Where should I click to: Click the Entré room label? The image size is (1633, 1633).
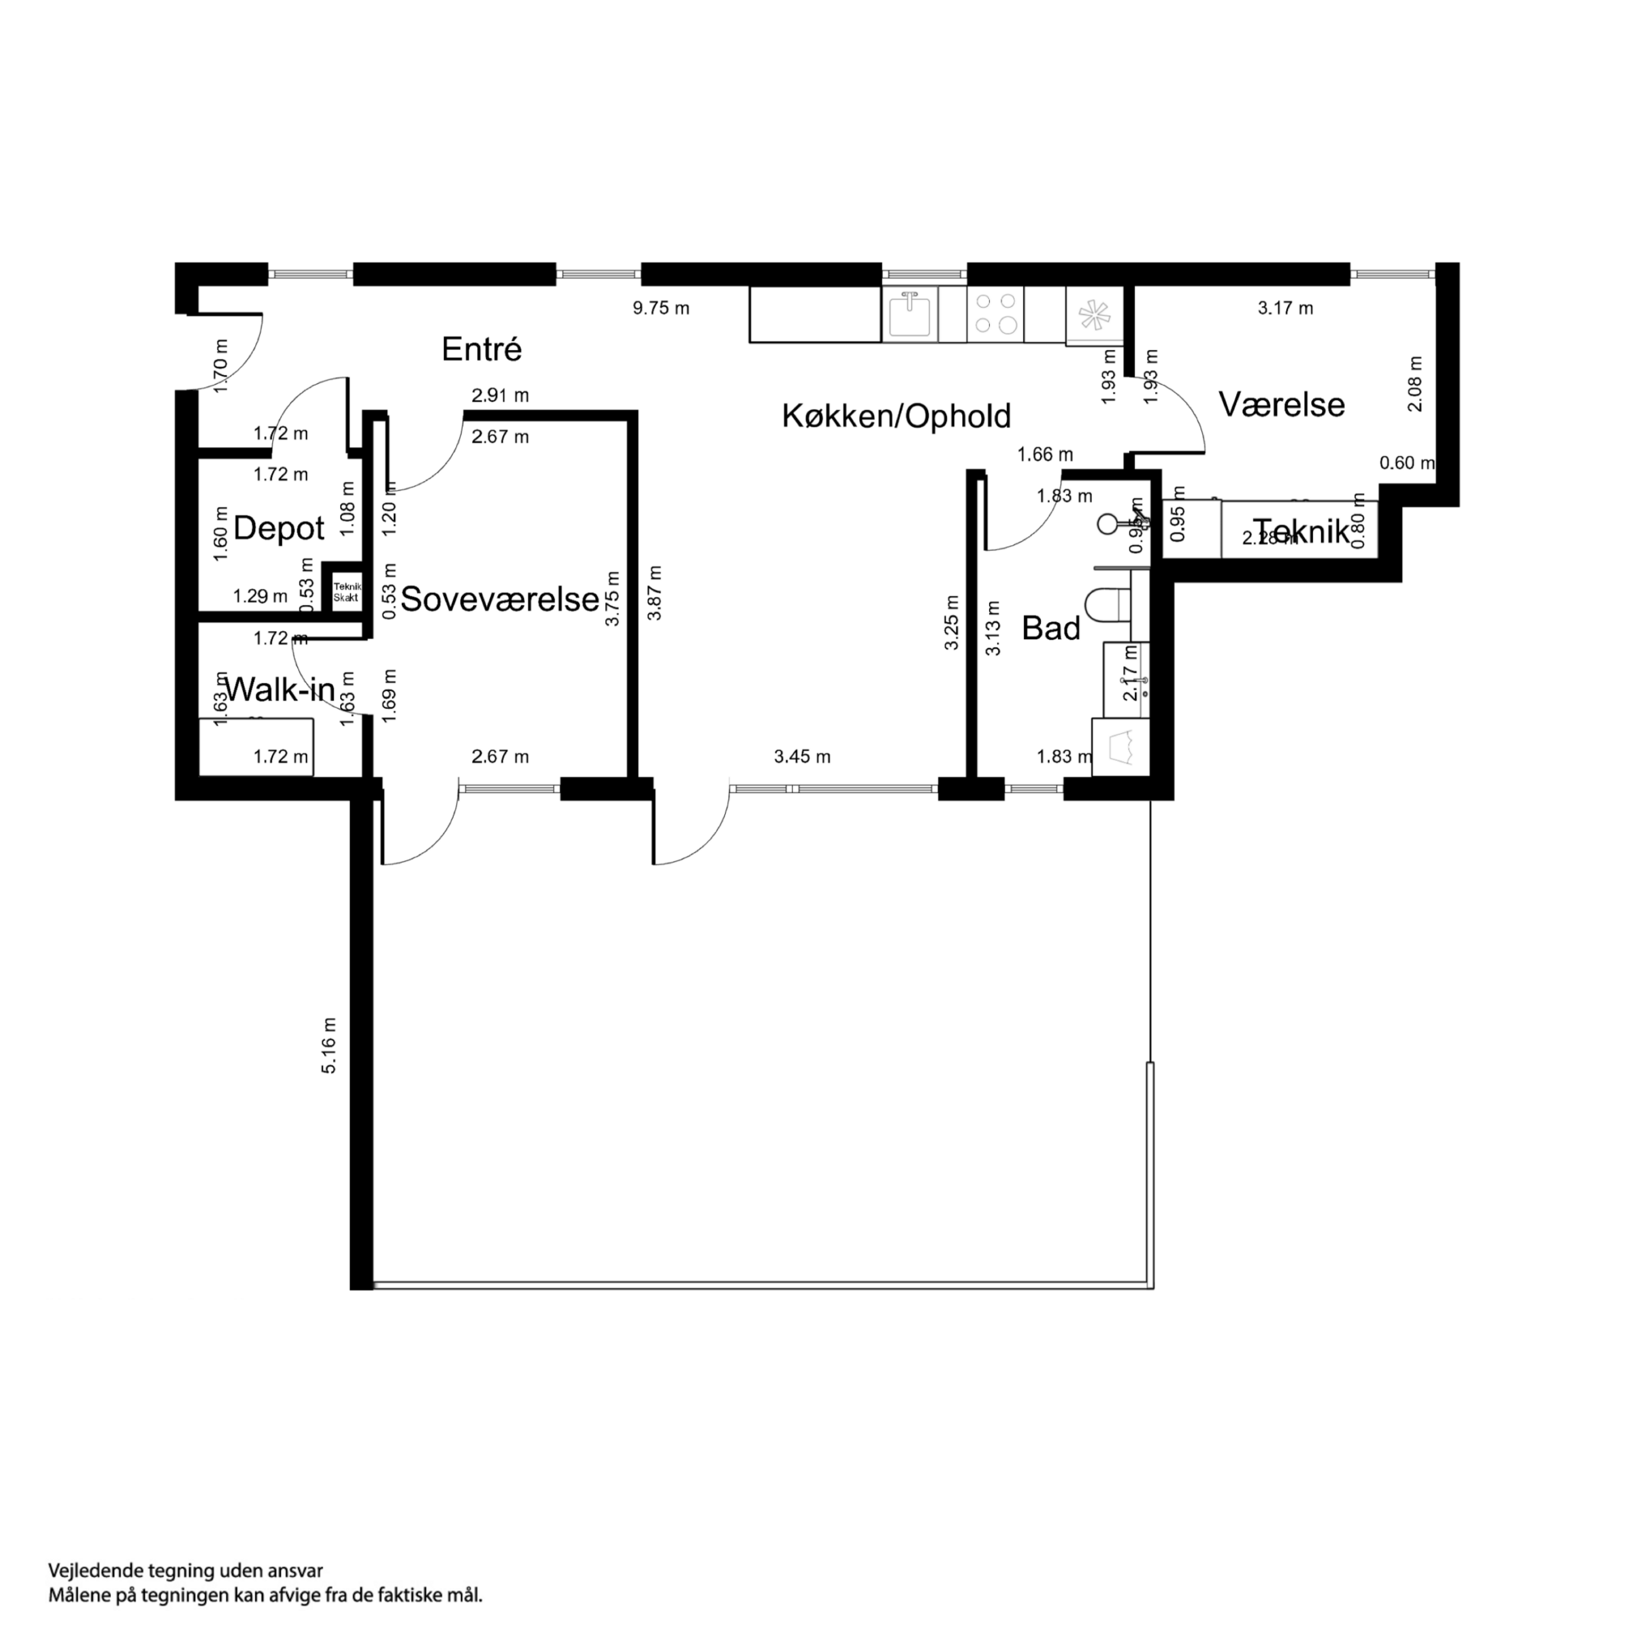(x=481, y=349)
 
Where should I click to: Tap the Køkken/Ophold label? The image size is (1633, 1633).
(x=896, y=416)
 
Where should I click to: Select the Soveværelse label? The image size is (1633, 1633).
(x=500, y=599)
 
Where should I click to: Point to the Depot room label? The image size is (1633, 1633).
(x=278, y=528)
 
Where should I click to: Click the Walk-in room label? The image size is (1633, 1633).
(x=279, y=689)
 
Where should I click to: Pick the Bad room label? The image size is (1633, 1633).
(x=1051, y=628)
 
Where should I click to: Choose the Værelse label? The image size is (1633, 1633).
(x=1281, y=404)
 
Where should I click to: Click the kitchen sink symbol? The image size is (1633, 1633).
(x=910, y=313)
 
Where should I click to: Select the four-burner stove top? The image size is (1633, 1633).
(x=995, y=313)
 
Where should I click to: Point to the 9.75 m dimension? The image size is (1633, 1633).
(x=661, y=309)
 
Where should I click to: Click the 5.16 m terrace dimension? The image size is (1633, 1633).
(x=329, y=1046)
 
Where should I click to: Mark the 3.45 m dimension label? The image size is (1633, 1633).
(x=802, y=757)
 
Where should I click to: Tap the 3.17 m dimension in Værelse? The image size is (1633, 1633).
(x=1285, y=309)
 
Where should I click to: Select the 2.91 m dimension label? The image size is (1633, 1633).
(x=501, y=394)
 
